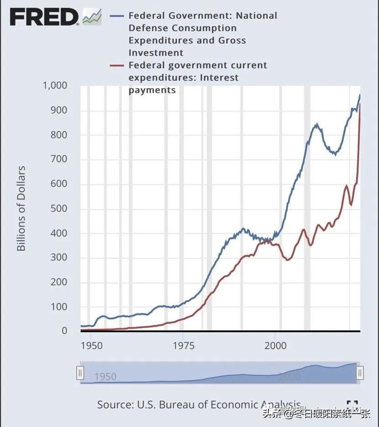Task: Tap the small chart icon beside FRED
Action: pos(92,17)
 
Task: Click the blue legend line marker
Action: pos(117,16)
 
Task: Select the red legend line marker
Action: pos(117,66)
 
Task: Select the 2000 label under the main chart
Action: pos(275,345)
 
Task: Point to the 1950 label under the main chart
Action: pos(92,345)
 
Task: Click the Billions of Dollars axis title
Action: pos(21,208)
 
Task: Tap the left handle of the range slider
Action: pos(80,373)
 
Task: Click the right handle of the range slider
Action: pos(360,373)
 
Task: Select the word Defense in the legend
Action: pos(145,28)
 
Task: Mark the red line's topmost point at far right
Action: pos(359,104)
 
